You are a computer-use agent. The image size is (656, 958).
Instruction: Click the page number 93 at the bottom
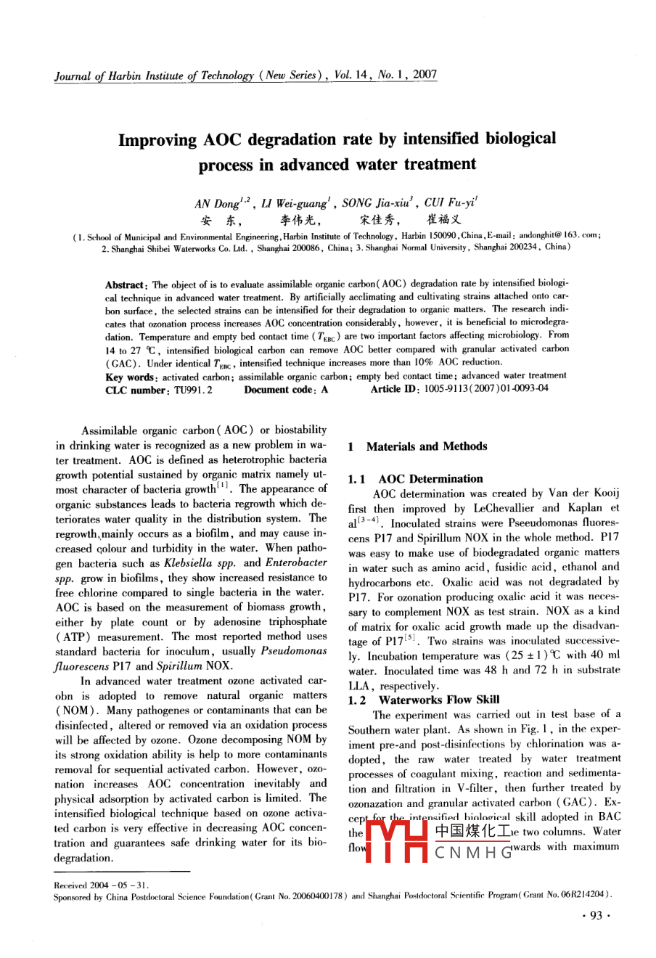click(x=596, y=917)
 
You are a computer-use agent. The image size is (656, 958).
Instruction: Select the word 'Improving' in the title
click(x=157, y=139)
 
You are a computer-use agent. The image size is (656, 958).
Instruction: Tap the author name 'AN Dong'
click(x=216, y=204)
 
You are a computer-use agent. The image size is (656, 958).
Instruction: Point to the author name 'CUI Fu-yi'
click(x=450, y=204)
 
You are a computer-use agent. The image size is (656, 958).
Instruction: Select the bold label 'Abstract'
click(x=126, y=284)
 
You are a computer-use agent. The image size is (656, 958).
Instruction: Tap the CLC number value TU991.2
click(x=193, y=390)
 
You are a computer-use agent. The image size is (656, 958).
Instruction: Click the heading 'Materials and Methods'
click(x=427, y=446)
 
